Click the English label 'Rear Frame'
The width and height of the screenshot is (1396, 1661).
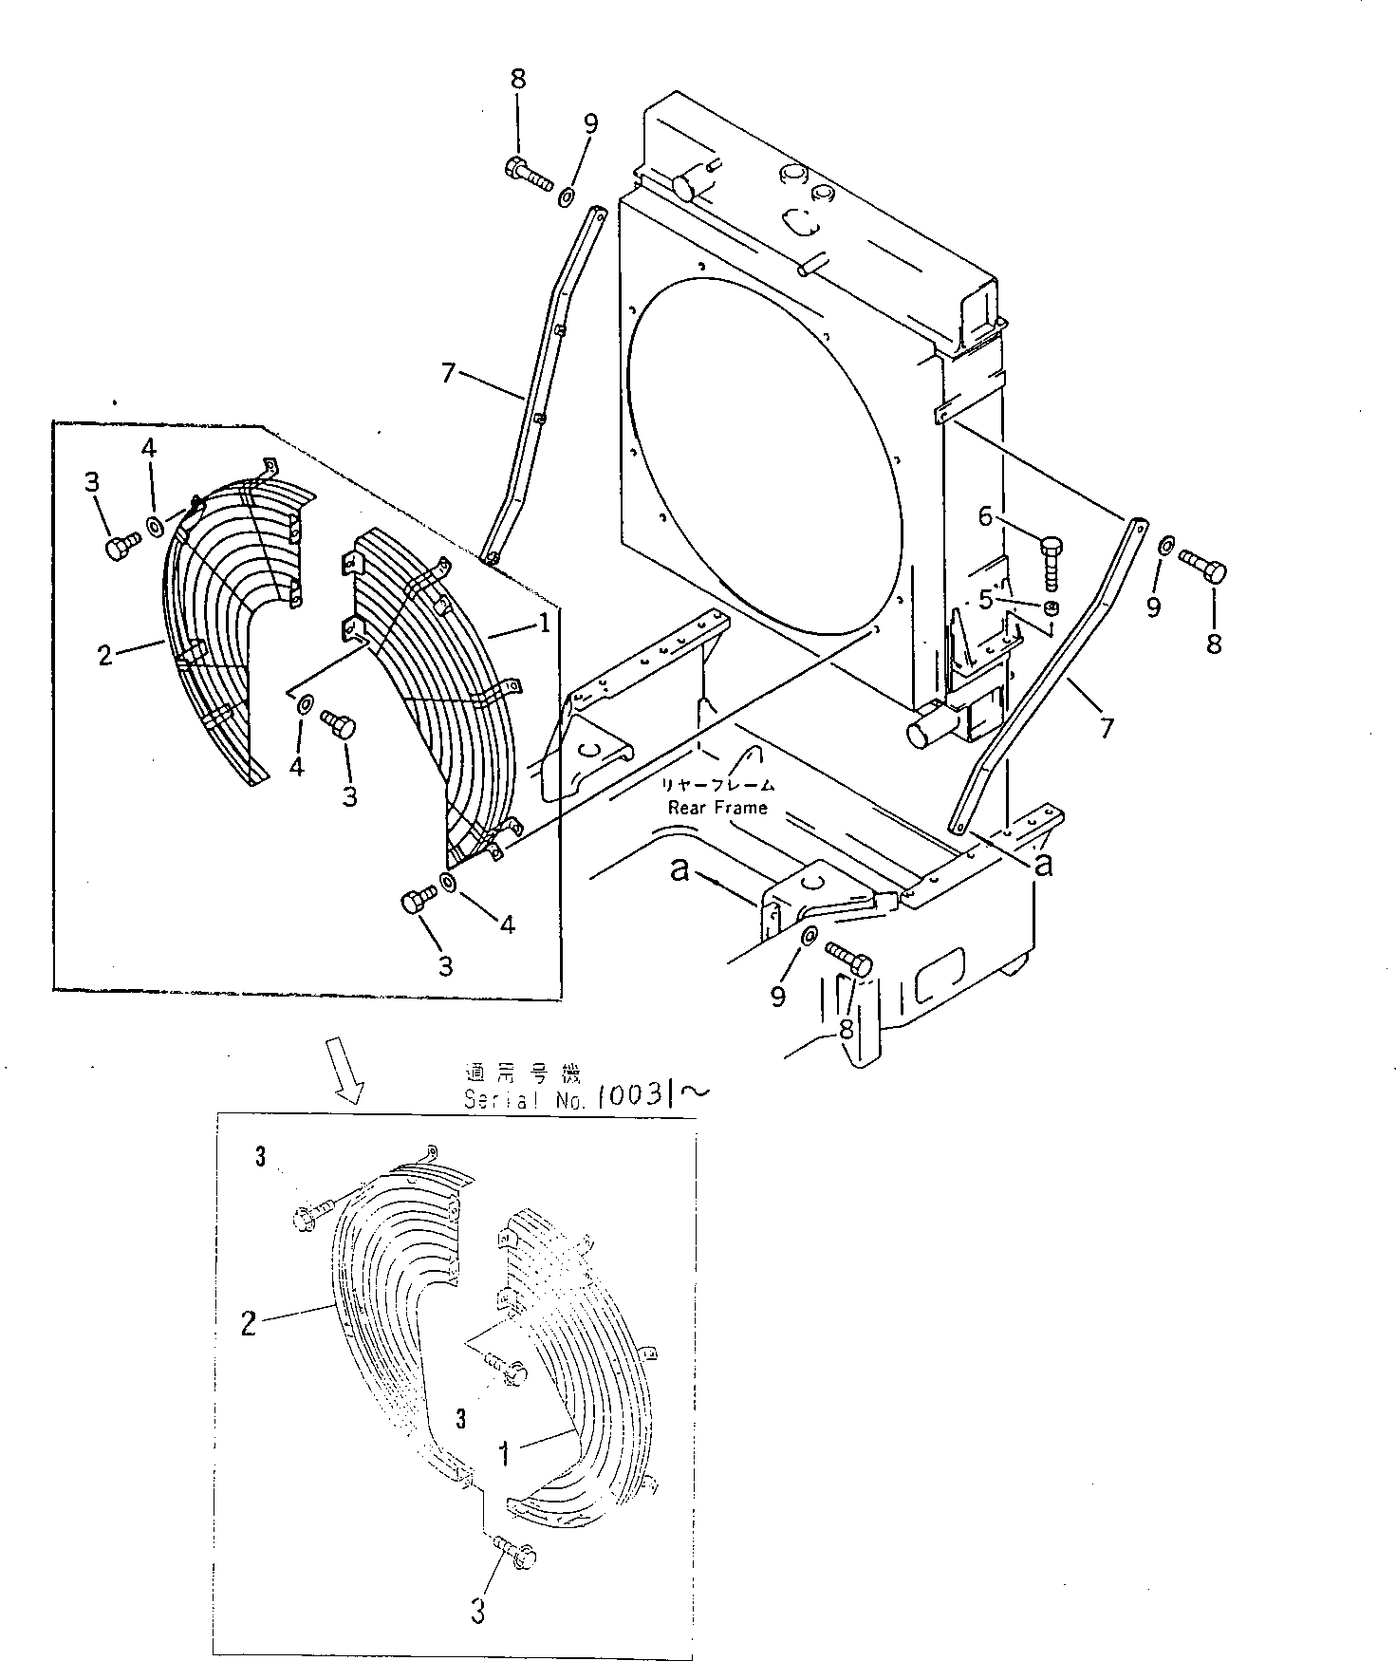pos(717,807)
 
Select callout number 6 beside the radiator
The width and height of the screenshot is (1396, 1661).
pos(986,516)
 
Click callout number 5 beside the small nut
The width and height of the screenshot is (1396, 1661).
pos(986,599)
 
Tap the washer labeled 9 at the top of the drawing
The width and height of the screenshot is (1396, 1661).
pos(565,196)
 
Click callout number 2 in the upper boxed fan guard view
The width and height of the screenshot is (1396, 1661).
pos(106,654)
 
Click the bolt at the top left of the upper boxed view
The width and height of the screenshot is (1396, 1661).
pos(121,547)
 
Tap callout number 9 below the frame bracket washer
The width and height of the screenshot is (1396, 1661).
pos(778,996)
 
